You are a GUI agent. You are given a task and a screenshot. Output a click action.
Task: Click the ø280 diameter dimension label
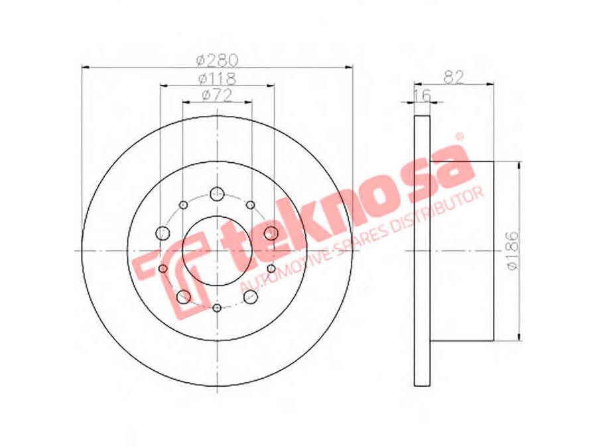(x=217, y=60)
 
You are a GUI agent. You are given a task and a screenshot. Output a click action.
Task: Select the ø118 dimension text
(x=217, y=78)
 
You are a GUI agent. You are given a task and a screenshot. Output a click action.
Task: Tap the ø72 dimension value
(x=217, y=95)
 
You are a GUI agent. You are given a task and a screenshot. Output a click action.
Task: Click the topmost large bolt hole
(x=217, y=194)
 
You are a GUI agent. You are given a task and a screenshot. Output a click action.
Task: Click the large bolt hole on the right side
(x=271, y=232)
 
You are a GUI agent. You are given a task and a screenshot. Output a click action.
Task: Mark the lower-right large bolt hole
(x=250, y=297)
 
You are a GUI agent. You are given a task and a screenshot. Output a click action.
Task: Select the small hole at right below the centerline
(x=271, y=268)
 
